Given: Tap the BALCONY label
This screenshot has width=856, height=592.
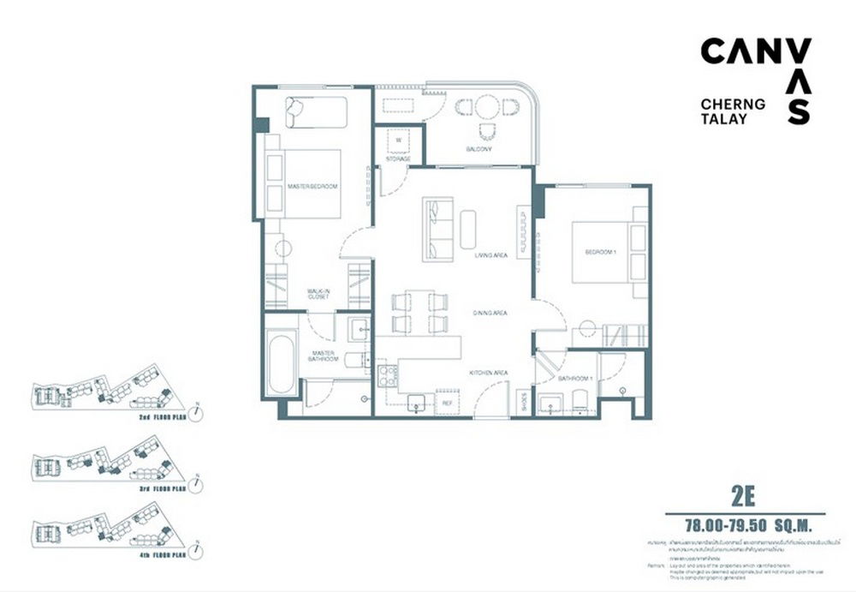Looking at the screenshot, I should [478, 149].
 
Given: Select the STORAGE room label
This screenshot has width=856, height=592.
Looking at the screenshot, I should [398, 159].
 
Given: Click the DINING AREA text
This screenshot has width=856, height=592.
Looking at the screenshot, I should [490, 314].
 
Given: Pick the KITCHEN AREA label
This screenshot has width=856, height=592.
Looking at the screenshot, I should [489, 373].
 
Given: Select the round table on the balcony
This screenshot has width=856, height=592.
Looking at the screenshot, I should [486, 107].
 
